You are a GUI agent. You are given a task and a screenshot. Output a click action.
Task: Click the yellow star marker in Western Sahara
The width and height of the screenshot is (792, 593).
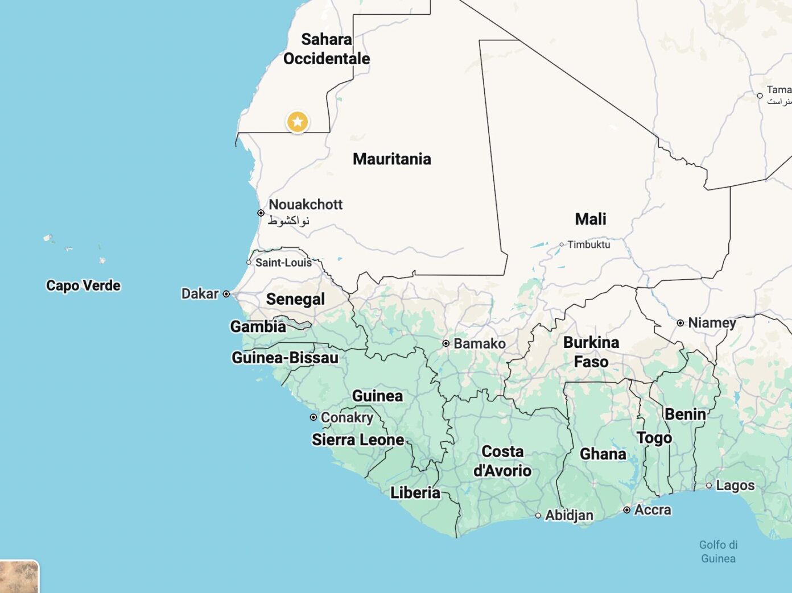(297, 122)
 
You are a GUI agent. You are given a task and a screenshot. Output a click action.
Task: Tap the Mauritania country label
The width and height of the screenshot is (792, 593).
(391, 159)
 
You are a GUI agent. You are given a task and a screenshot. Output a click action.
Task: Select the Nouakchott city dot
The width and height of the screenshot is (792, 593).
(261, 213)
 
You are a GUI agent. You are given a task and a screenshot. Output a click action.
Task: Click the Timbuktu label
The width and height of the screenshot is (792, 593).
(588, 244)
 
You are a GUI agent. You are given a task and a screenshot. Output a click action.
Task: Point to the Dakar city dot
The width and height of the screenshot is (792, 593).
(226, 294)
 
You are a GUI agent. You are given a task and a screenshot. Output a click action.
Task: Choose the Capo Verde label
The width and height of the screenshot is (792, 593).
(83, 285)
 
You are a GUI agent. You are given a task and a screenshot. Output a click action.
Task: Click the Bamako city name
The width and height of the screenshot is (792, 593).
(479, 343)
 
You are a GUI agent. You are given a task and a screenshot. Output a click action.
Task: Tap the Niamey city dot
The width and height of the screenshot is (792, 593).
(680, 323)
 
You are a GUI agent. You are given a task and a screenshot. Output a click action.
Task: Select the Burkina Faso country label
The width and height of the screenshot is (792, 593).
(591, 352)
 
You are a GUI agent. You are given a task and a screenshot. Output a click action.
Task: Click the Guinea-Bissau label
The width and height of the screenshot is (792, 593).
(284, 358)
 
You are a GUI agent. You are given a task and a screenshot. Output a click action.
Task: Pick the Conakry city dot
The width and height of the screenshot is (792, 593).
(313, 417)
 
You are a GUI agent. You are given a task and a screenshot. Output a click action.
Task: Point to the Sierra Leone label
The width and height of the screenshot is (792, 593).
(358, 439)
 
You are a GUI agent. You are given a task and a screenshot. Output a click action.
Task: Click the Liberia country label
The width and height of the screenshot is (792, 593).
(415, 492)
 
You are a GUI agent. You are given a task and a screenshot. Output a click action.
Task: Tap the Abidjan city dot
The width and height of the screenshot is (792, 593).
(538, 516)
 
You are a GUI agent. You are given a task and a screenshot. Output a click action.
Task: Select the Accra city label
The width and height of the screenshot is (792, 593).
(652, 510)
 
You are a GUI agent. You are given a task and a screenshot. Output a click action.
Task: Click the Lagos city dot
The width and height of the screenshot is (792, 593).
(709, 486)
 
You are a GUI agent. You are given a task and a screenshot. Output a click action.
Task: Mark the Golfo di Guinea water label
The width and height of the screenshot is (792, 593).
(718, 551)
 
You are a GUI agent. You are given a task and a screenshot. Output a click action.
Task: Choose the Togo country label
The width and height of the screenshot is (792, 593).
(654, 438)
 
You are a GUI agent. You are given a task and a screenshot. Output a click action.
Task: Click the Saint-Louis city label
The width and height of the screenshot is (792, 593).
(283, 263)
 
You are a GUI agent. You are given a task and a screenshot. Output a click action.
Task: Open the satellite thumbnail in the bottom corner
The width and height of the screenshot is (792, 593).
(19, 577)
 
